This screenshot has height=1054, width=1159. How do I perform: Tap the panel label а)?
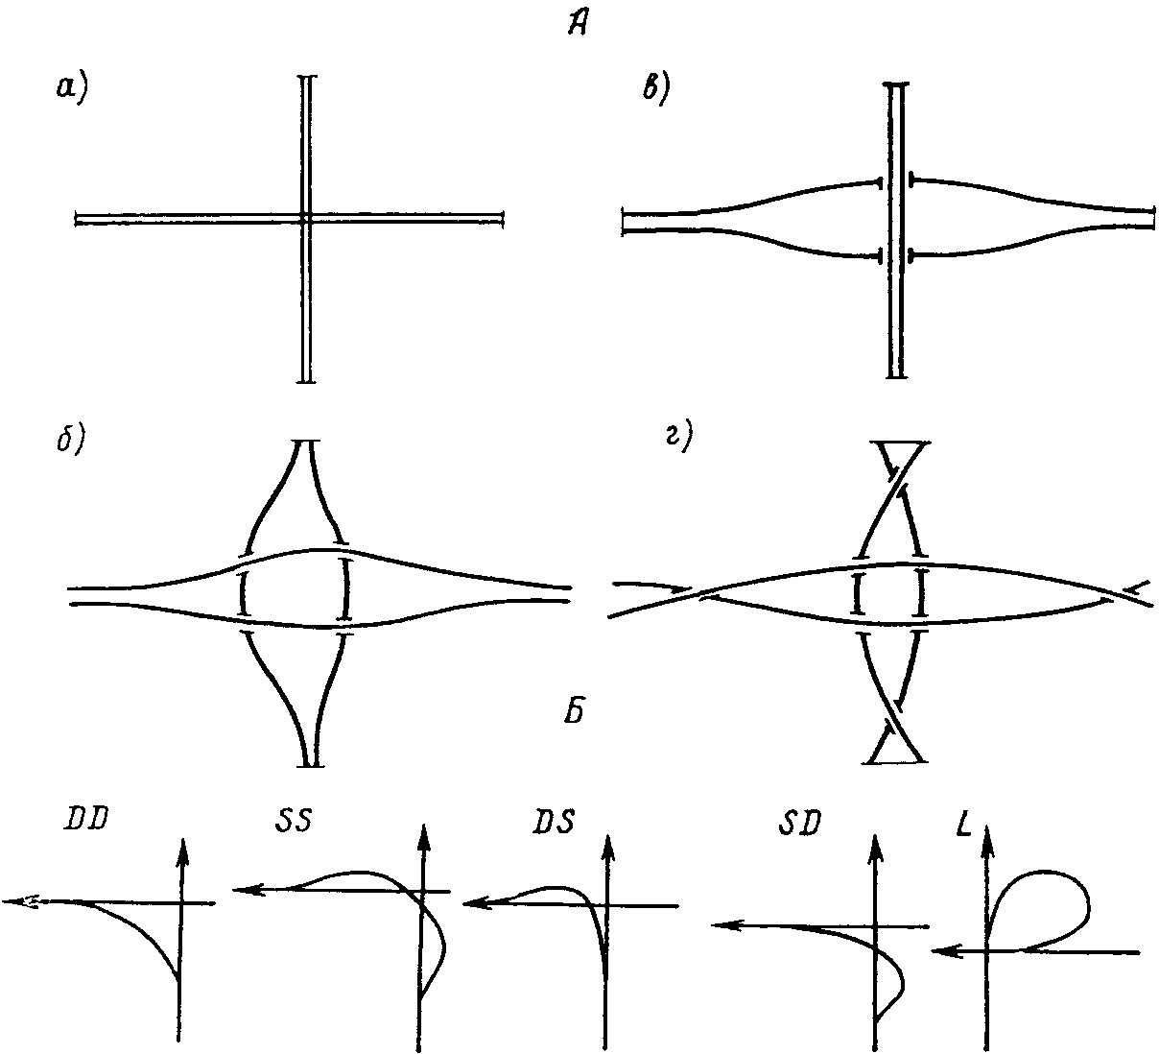[71, 89]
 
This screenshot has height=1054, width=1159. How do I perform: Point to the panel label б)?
[72, 445]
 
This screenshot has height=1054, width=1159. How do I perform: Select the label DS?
[555, 823]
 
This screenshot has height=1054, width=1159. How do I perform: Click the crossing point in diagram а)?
[304, 219]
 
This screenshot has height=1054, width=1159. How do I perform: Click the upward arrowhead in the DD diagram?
[180, 846]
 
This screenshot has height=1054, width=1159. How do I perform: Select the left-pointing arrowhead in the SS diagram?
[243, 891]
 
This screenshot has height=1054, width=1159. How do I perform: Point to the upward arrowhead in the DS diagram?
[606, 844]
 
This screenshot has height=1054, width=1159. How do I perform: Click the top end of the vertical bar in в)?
[895, 85]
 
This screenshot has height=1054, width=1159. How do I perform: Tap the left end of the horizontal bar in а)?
[77, 220]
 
